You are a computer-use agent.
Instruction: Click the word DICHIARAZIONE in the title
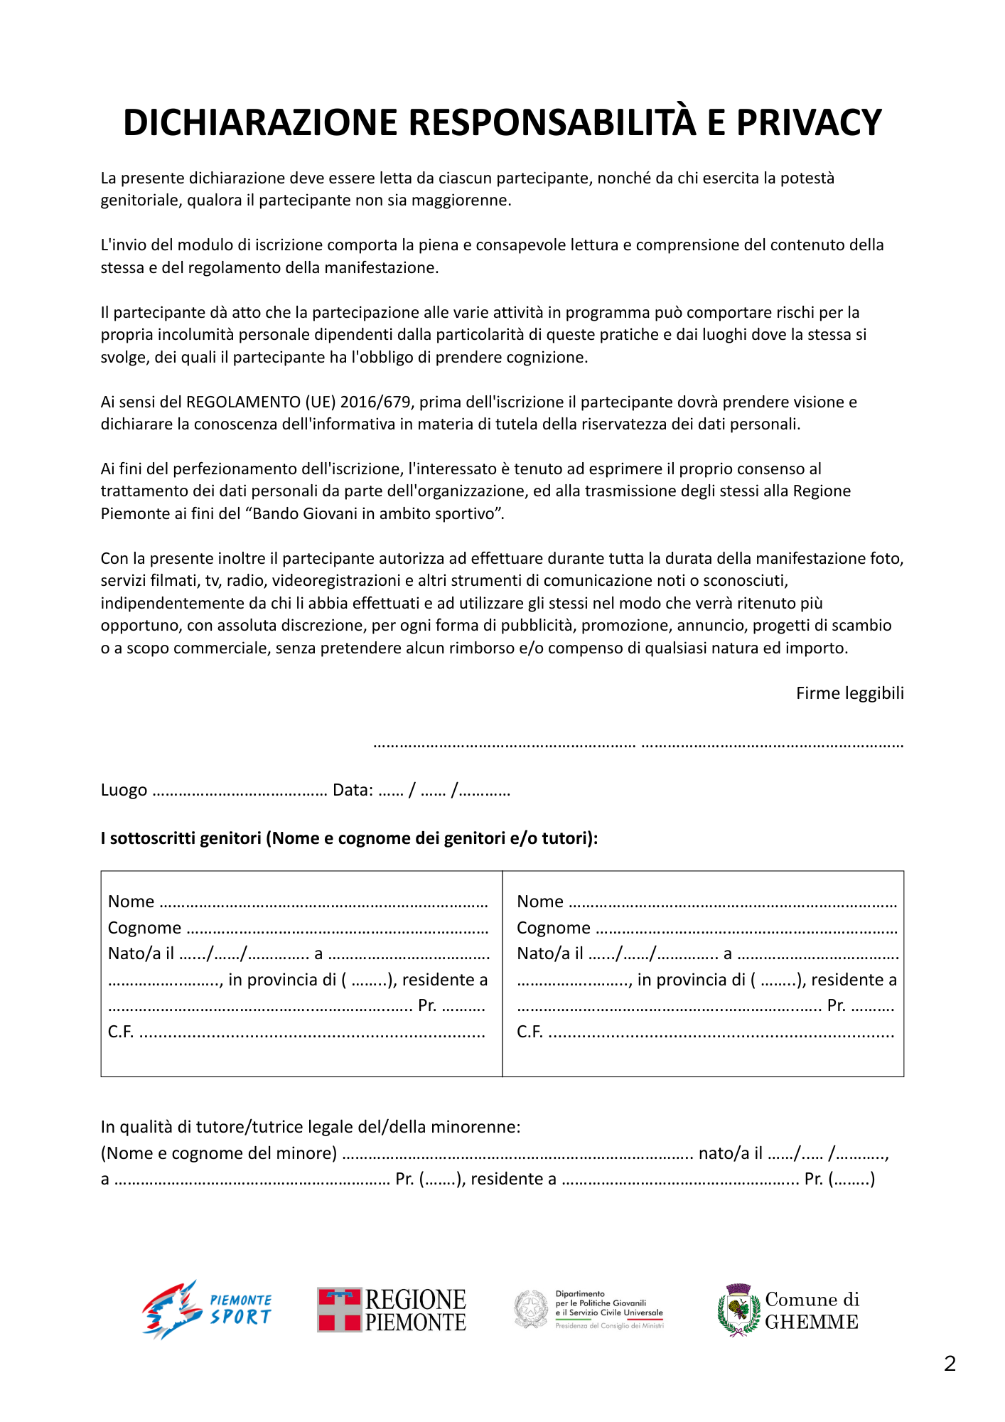pyautogui.click(x=260, y=122)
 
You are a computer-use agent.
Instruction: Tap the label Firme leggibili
pyautogui.click(x=849, y=693)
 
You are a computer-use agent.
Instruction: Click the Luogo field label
pyautogui.click(x=124, y=790)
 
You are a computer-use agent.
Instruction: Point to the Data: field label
pyautogui.click(x=353, y=790)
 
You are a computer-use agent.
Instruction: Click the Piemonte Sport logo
pyautogui.click(x=206, y=1309)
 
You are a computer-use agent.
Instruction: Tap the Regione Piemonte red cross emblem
pyautogui.click(x=339, y=1309)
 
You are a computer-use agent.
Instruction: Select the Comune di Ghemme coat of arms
pyautogui.click(x=738, y=1310)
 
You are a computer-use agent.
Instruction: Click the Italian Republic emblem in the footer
pyautogui.click(x=531, y=1309)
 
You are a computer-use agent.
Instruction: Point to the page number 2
pyautogui.click(x=950, y=1364)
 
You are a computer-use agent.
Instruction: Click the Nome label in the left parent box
pyautogui.click(x=131, y=902)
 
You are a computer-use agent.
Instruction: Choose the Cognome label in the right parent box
pyautogui.click(x=553, y=928)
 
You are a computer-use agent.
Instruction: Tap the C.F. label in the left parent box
pyautogui.click(x=121, y=1032)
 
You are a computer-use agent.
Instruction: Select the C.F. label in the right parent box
pyautogui.click(x=530, y=1032)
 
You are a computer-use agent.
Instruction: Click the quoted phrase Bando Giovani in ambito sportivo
pyautogui.click(x=378, y=513)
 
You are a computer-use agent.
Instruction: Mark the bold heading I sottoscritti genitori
pyautogui.click(x=181, y=838)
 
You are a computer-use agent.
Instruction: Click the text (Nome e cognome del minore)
pyautogui.click(x=219, y=1153)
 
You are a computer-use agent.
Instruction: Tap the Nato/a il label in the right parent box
pyautogui.click(x=549, y=953)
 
